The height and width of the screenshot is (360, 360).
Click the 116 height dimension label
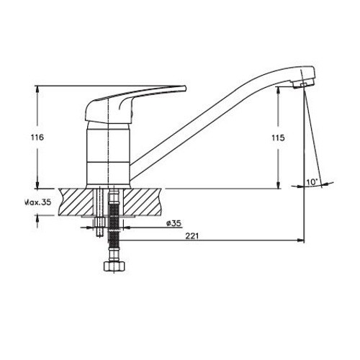point(37,138)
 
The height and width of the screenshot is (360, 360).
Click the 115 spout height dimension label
point(278,138)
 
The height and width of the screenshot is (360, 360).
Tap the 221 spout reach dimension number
point(192,236)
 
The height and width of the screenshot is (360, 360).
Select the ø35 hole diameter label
point(174,223)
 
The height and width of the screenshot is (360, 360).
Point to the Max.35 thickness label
point(38,202)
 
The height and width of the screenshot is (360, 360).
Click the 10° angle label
point(312,182)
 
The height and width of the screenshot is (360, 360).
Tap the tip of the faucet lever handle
point(185,88)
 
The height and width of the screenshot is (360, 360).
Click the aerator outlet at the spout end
point(303,84)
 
